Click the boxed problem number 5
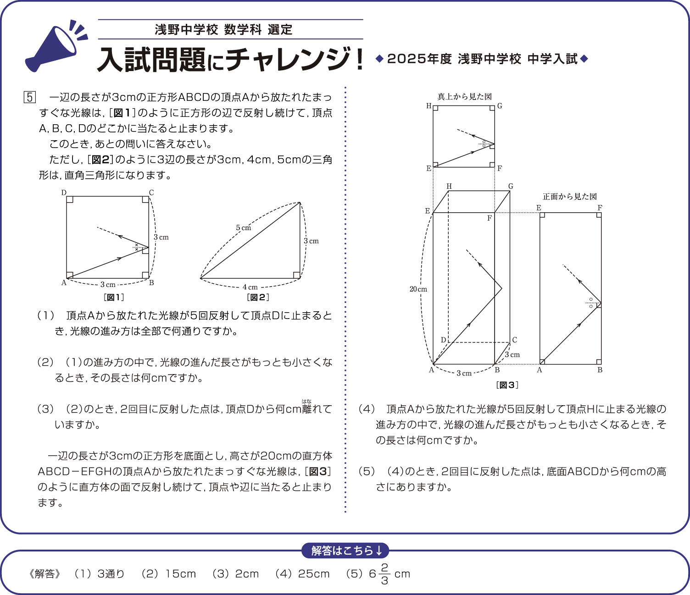29,97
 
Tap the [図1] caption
114,297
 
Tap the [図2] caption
258,297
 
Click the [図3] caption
507,385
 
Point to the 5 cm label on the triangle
243,228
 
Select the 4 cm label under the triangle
250,287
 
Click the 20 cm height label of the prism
418,289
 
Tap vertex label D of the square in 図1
64,193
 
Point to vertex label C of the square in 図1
151,193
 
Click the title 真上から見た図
464,97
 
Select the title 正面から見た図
570,197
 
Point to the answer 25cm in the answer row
314,574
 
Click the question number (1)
46,315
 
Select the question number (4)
367,409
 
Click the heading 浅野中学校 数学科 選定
223,30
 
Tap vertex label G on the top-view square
500,106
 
